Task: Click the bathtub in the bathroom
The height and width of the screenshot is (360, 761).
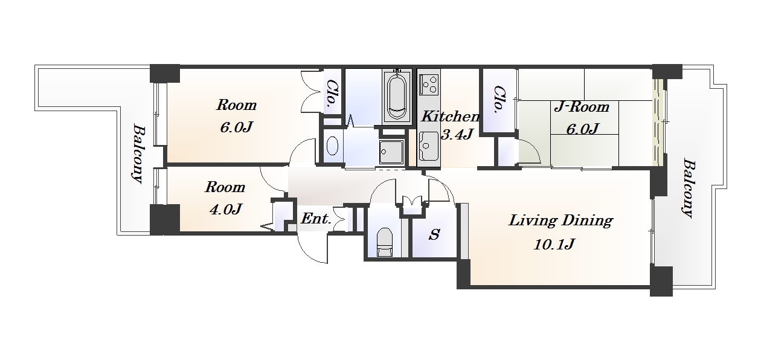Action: click(396, 97)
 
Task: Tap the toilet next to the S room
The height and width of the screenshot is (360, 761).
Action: click(385, 242)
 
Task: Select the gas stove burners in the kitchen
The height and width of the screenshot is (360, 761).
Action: click(429, 84)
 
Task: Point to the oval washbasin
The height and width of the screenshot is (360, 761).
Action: click(332, 146)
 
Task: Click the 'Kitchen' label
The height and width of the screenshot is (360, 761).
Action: click(451, 117)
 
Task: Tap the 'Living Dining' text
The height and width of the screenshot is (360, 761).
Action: click(560, 220)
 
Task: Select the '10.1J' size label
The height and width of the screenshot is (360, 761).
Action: click(554, 244)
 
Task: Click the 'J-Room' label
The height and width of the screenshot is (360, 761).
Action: click(582, 107)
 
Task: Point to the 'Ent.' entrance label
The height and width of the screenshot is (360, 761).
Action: click(316, 219)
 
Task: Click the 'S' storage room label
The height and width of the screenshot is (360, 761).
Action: click(434, 234)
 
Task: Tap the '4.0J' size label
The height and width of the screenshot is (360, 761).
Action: click(226, 209)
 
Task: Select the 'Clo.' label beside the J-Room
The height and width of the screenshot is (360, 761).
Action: click(499, 99)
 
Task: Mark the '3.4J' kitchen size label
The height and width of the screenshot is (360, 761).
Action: click(457, 135)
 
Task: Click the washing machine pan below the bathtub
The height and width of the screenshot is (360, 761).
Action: click(392, 152)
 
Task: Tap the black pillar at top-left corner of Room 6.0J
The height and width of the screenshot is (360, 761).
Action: click(165, 73)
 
